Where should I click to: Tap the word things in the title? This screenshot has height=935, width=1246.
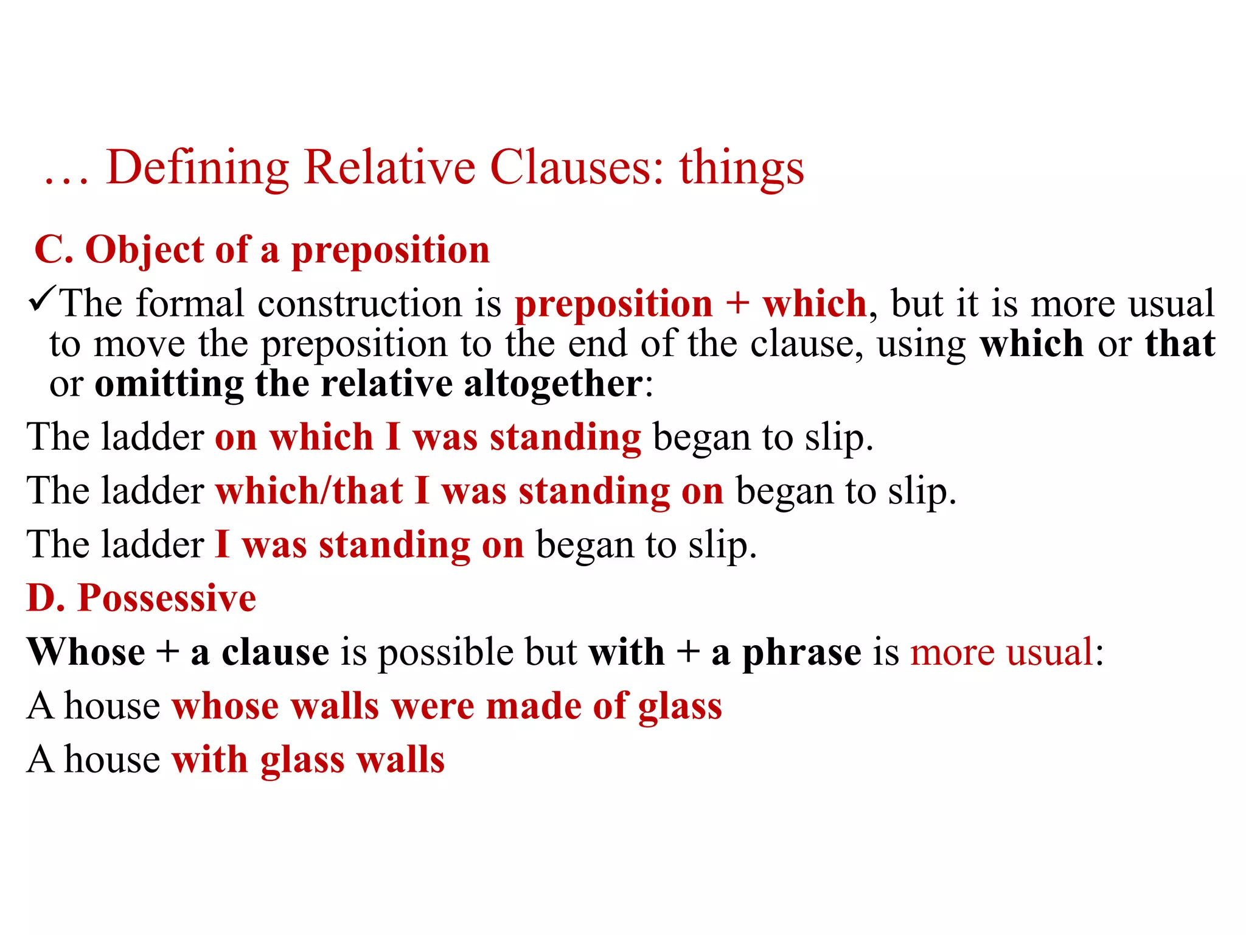tap(742, 168)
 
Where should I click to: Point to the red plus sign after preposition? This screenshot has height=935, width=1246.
tap(737, 303)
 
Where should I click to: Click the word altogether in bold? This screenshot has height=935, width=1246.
tap(552, 384)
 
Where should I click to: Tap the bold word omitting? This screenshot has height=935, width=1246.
tap(169, 384)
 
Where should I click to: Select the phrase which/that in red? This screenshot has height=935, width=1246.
tap(309, 491)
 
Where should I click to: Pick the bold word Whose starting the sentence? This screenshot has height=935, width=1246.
tap(86, 652)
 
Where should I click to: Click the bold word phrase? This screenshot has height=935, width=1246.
tap(802, 652)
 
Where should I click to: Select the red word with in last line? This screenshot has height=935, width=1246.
tap(209, 760)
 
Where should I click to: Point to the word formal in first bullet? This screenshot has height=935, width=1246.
tap(189, 303)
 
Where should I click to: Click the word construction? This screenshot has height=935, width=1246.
tap(360, 303)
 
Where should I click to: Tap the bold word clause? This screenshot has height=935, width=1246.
tap(275, 652)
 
